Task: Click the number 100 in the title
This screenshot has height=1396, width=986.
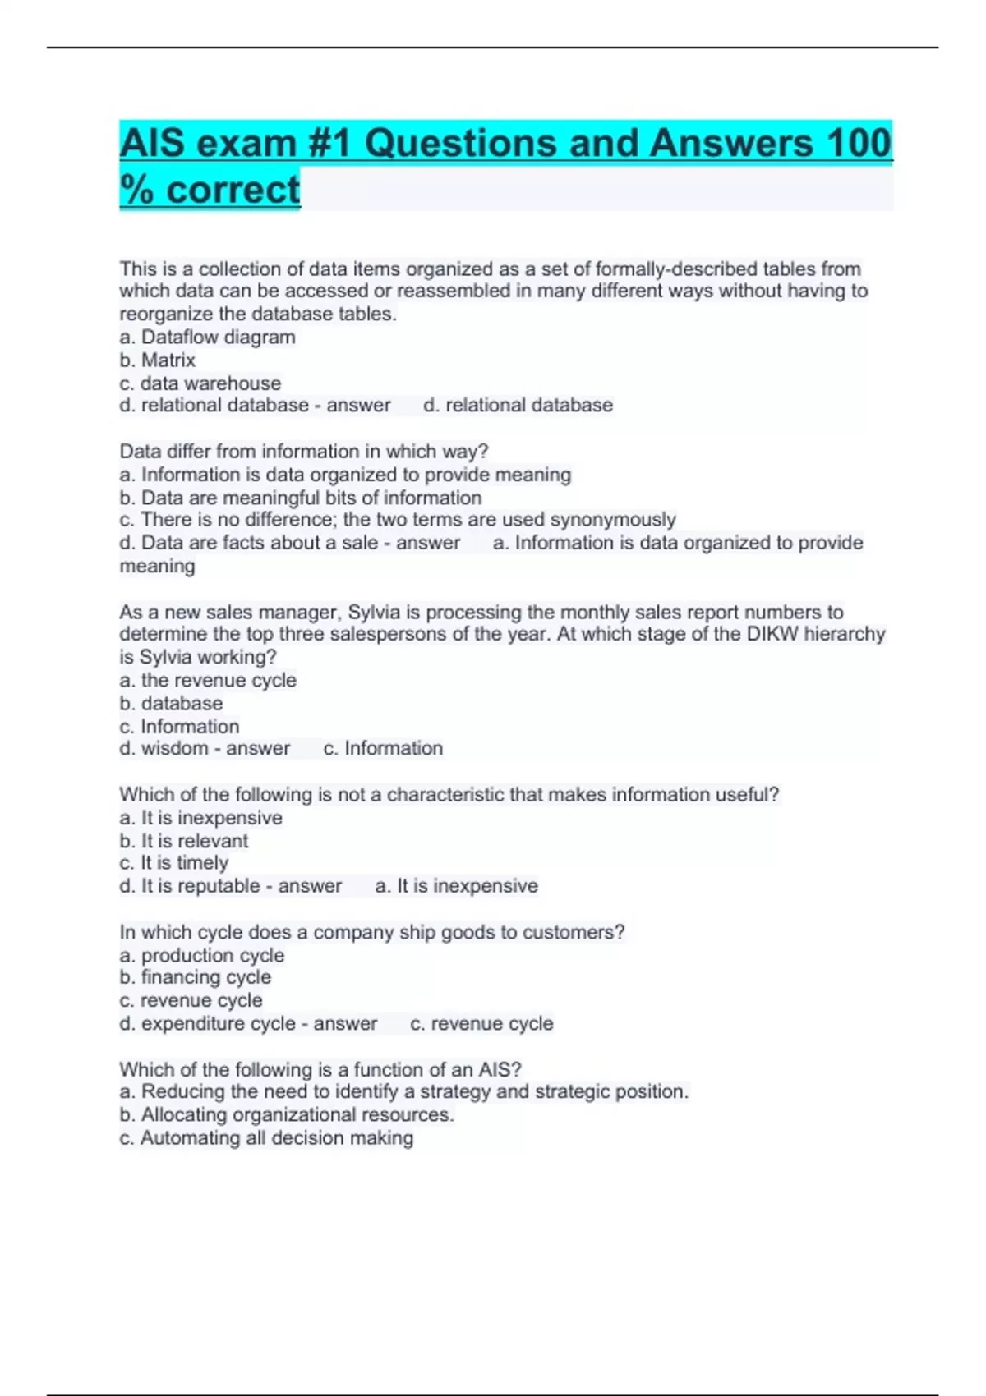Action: [x=859, y=144]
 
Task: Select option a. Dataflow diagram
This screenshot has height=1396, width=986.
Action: [x=207, y=337]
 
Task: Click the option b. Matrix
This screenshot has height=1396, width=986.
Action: [x=157, y=360]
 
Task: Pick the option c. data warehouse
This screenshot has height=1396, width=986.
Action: [x=200, y=383]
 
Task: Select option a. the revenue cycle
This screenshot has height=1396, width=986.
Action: [x=208, y=680]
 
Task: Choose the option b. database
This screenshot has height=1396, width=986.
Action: [x=171, y=703]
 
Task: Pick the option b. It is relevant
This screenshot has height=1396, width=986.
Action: [x=183, y=841]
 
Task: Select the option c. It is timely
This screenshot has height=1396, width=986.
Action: [x=173, y=863]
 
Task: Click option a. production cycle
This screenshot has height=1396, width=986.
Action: [x=201, y=955]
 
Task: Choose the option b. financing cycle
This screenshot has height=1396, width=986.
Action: [x=195, y=977]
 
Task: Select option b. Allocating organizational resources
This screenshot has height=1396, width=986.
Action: [x=287, y=1114]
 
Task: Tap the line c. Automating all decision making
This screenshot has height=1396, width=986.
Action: [x=266, y=1137]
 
